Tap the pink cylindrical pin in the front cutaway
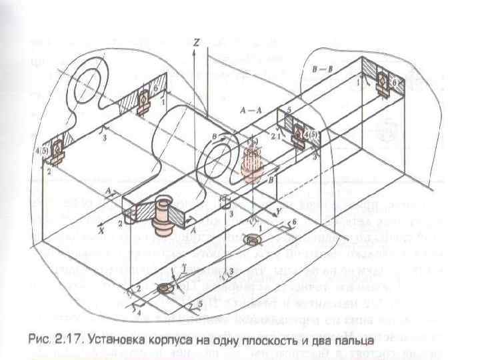[163, 215]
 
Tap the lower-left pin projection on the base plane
[164, 289]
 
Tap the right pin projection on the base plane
[253, 239]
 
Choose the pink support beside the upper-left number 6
[144, 99]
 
